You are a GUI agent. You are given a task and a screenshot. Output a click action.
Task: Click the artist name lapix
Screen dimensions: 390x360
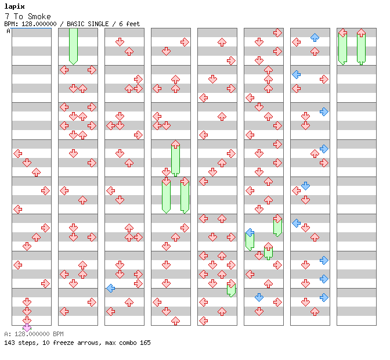15,6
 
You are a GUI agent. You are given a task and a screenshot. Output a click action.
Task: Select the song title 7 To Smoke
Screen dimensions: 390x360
28,16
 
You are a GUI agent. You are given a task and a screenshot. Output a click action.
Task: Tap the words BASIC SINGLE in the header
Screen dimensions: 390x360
88,24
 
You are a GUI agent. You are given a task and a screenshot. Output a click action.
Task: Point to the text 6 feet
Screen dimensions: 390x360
129,24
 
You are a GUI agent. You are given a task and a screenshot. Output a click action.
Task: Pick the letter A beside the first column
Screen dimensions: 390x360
9,31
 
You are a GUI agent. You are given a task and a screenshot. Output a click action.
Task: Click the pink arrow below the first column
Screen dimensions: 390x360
27,327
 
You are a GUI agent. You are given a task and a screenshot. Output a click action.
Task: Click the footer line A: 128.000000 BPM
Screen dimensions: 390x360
34,334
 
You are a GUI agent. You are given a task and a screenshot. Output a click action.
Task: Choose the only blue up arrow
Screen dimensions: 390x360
315,37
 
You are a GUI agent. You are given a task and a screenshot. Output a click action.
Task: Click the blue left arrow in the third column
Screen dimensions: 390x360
110,289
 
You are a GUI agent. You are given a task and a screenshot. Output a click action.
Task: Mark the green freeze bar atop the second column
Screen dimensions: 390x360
73,46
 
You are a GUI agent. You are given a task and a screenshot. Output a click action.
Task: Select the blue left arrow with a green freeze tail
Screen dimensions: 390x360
250,233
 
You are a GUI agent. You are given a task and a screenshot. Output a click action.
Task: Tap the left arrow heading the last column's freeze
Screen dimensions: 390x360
342,33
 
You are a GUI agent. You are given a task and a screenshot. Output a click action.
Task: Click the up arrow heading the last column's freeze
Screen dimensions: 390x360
361,33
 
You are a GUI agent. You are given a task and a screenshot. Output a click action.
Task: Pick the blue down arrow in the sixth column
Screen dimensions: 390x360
259,297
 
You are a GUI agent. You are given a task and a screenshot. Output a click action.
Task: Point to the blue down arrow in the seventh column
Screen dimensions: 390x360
305,186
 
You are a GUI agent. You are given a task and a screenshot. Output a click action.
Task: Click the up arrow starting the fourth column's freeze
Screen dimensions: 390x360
175,145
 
